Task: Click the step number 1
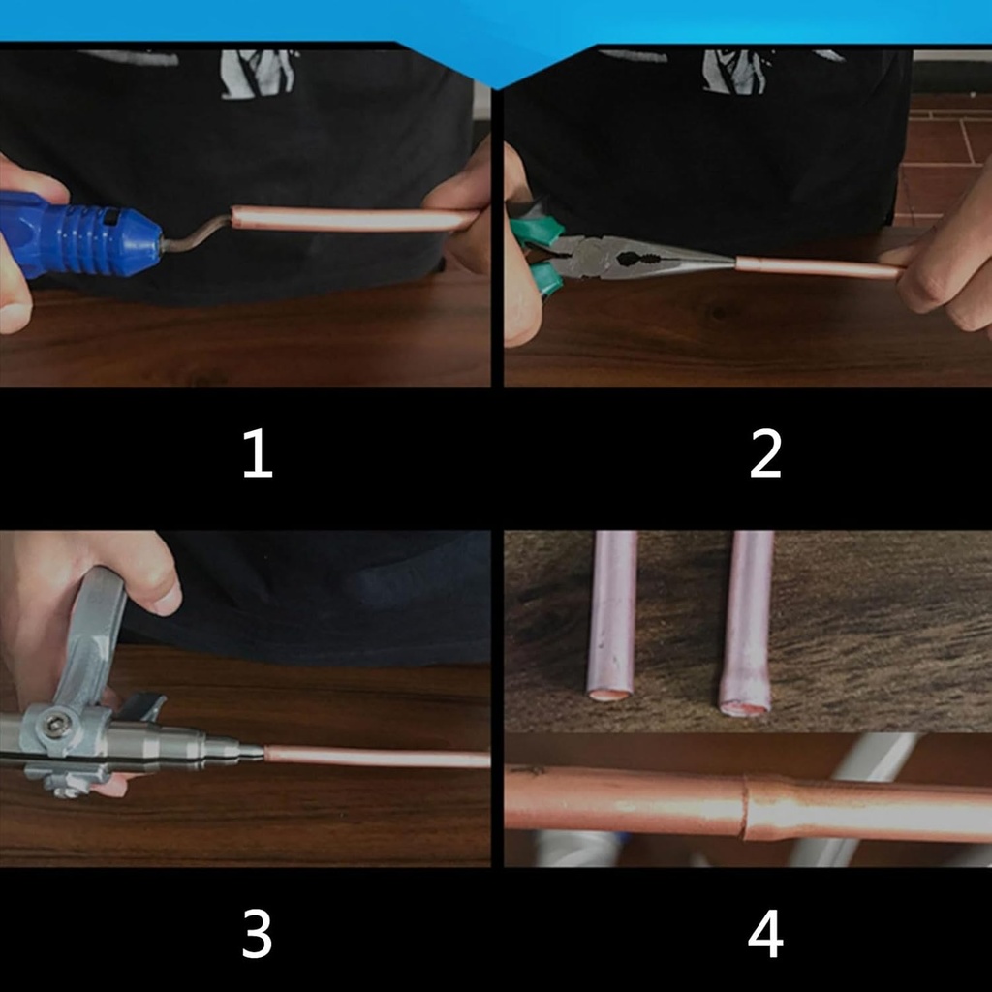tap(257, 455)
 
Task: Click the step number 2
tap(765, 455)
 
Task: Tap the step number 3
tap(257, 936)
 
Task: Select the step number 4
tap(765, 936)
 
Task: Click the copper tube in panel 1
tap(349, 219)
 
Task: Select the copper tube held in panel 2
tap(814, 267)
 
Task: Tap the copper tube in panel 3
tap(378, 757)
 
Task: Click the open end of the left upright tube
tap(610, 694)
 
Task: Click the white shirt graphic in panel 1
tap(257, 74)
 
